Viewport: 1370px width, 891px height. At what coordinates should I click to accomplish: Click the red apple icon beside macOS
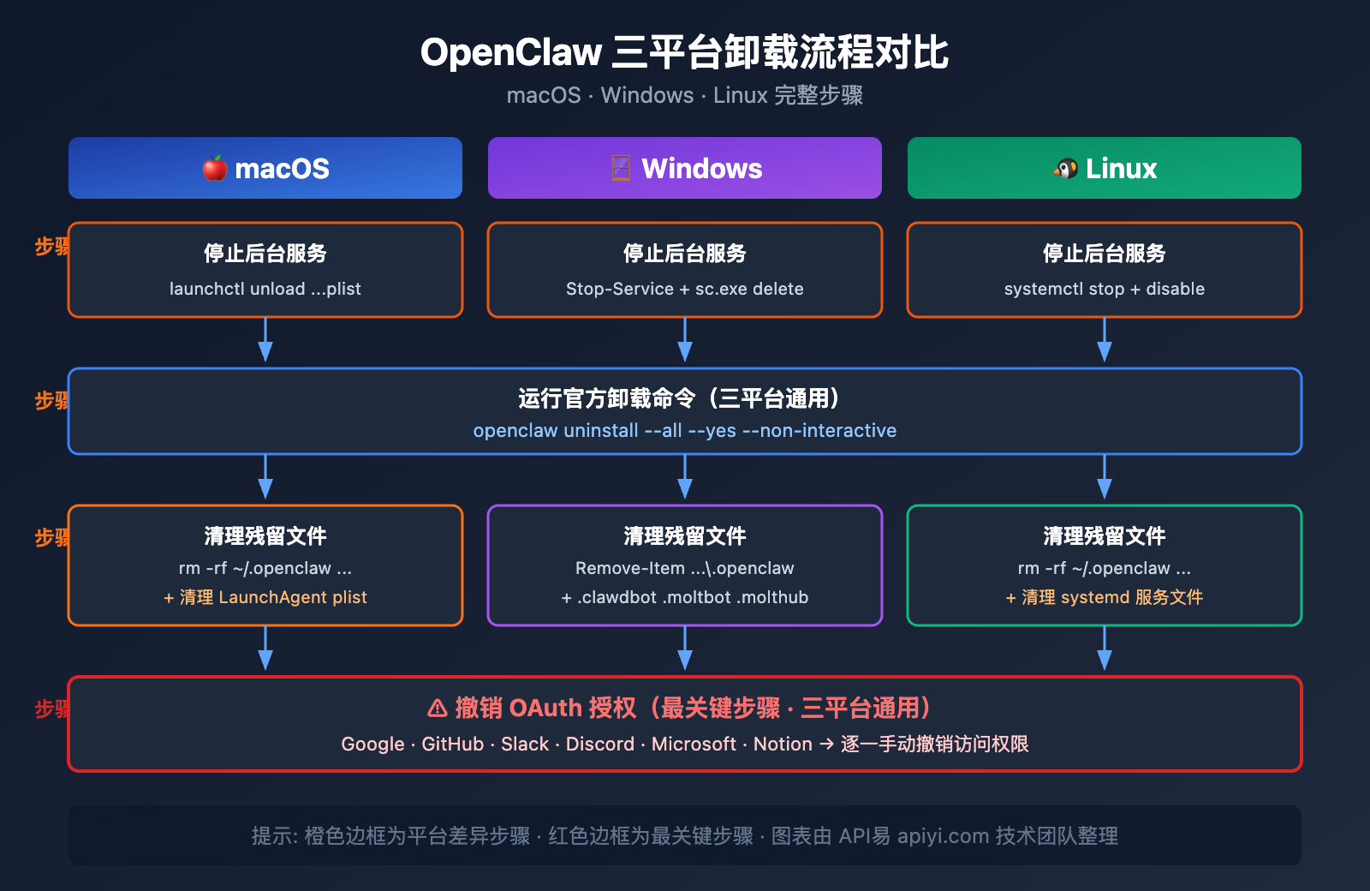click(x=214, y=168)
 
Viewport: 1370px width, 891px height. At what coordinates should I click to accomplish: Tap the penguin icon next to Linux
click(x=1065, y=168)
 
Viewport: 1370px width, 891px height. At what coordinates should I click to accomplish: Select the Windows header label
click(x=701, y=168)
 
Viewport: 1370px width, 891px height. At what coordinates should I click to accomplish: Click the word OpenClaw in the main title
click(x=511, y=52)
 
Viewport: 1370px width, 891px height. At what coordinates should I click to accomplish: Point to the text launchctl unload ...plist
click(x=265, y=289)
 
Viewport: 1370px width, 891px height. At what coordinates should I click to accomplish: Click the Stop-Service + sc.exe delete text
click(x=684, y=289)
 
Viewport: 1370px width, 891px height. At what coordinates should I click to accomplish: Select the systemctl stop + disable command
click(x=1104, y=289)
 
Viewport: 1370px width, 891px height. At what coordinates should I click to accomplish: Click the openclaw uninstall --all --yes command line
click(x=684, y=430)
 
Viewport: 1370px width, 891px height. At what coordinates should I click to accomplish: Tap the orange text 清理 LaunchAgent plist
click(x=272, y=597)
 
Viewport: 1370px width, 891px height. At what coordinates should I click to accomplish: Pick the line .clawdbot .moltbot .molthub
click(x=692, y=597)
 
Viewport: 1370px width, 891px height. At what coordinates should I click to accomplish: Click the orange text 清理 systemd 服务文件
click(x=1111, y=597)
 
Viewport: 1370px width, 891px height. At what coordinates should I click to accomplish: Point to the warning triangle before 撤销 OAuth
click(x=438, y=708)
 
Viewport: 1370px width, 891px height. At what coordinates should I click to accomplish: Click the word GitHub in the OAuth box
click(x=452, y=744)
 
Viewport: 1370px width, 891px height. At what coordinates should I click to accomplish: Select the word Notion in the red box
click(x=783, y=744)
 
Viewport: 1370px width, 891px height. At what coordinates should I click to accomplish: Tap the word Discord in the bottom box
click(x=599, y=744)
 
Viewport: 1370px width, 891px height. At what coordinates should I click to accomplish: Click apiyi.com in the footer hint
click(x=943, y=835)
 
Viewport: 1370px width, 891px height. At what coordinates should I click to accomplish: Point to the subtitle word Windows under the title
click(x=646, y=95)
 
